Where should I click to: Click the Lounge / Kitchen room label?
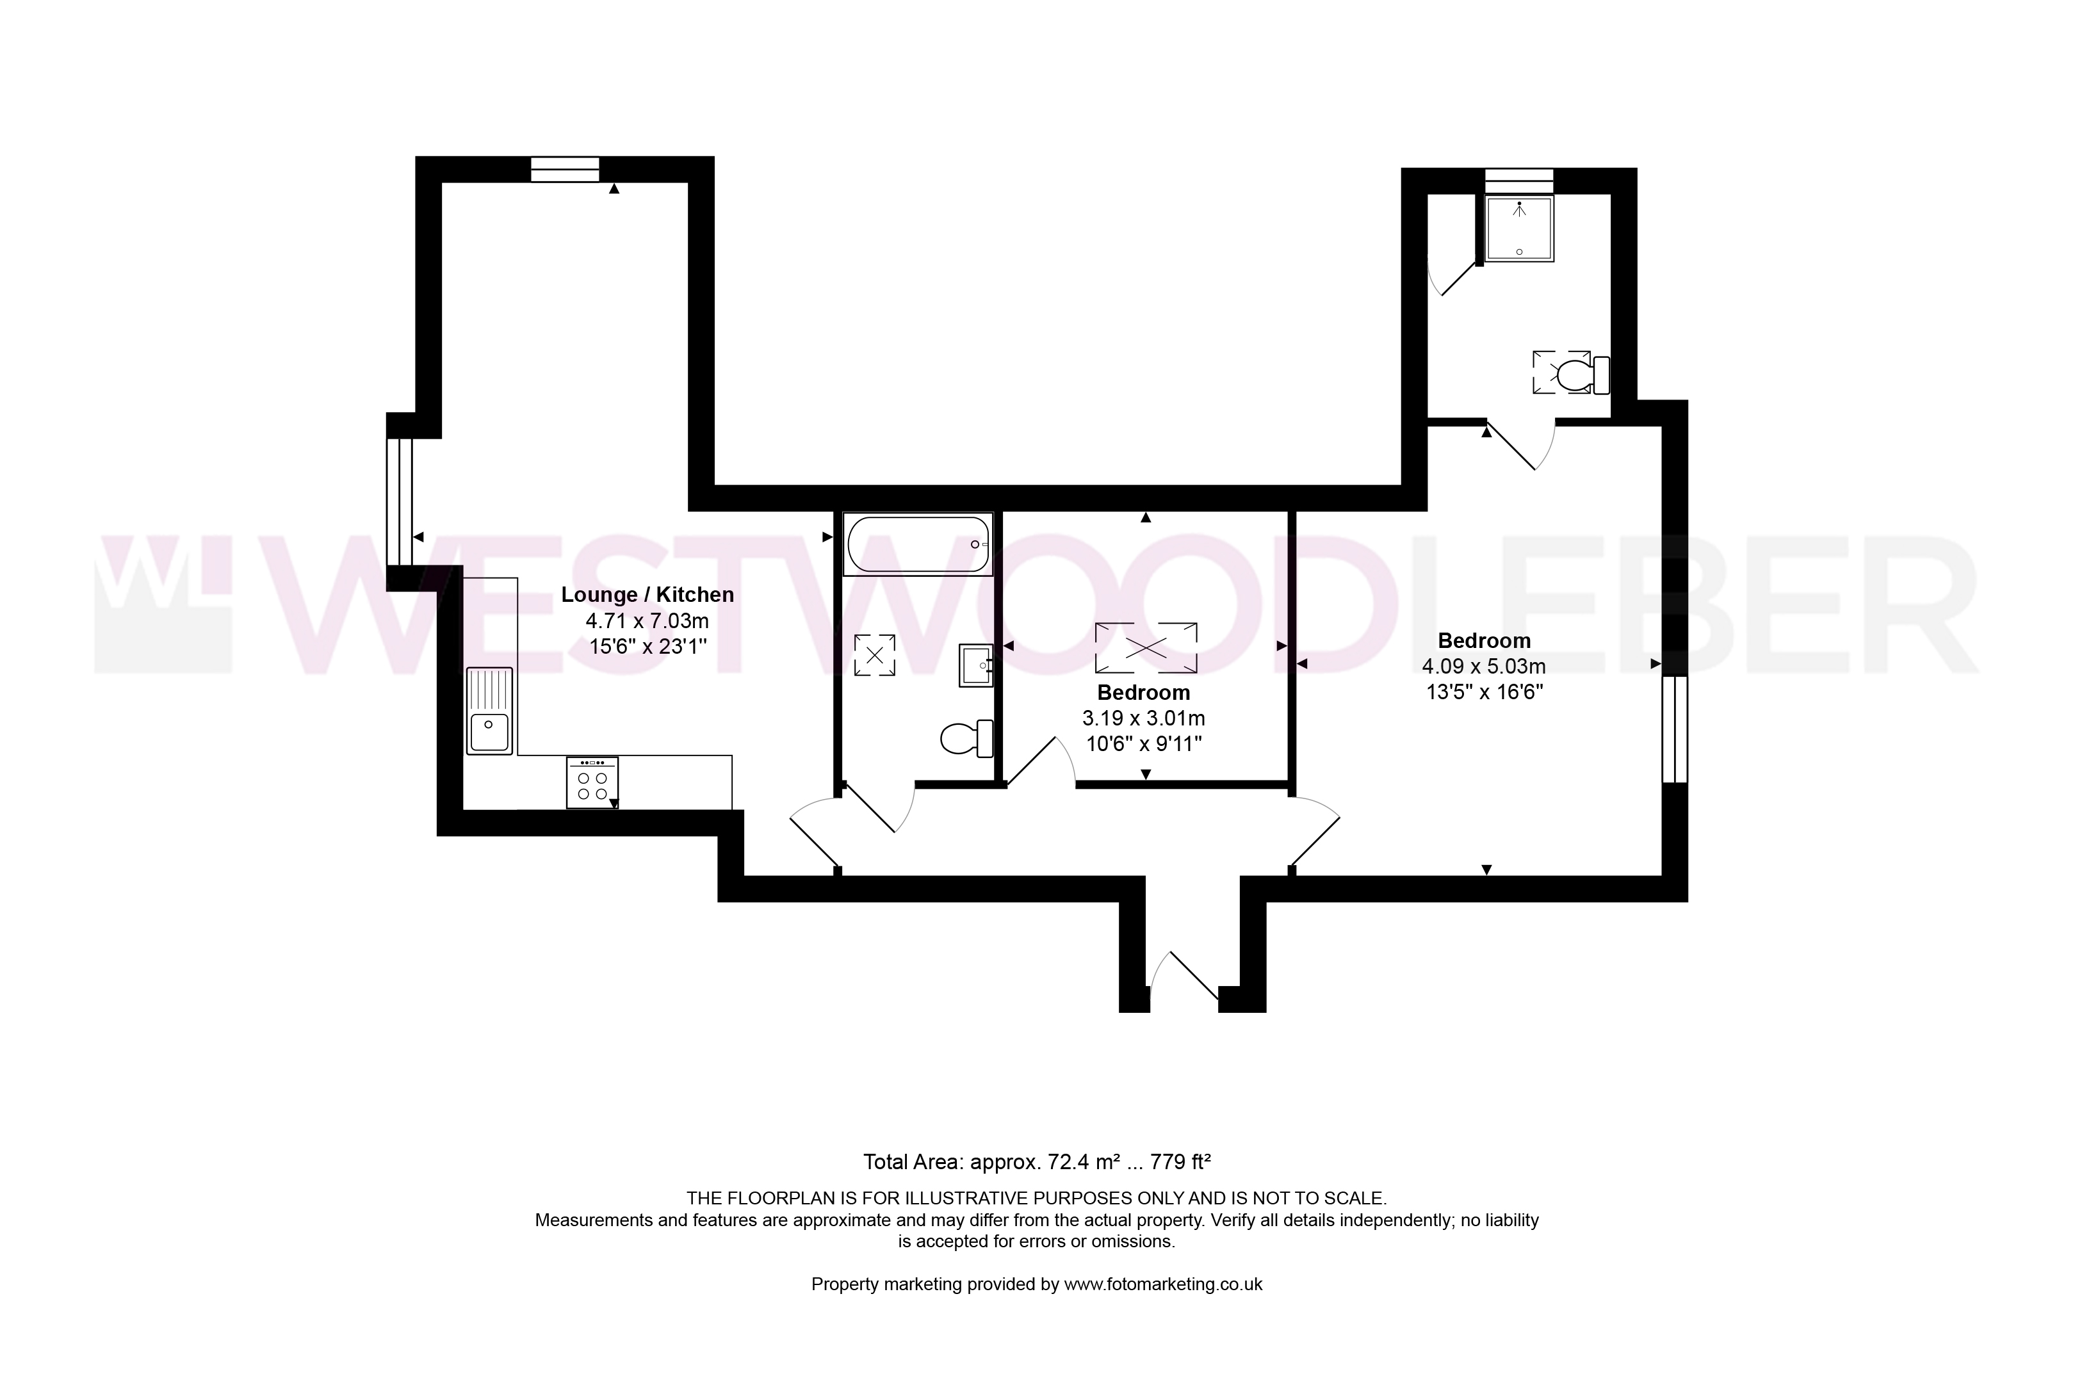[647, 595]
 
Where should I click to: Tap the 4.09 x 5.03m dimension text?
[1484, 667]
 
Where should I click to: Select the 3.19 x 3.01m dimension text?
[1143, 719]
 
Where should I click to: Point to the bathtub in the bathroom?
[918, 544]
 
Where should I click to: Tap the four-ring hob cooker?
[592, 782]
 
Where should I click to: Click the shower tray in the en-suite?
[1519, 229]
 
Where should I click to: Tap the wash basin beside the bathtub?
[976, 665]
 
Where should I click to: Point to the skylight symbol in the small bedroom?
[1146, 648]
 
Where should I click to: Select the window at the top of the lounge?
[565, 169]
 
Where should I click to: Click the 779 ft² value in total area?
[1180, 1161]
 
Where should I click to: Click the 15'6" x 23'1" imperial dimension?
[647, 647]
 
